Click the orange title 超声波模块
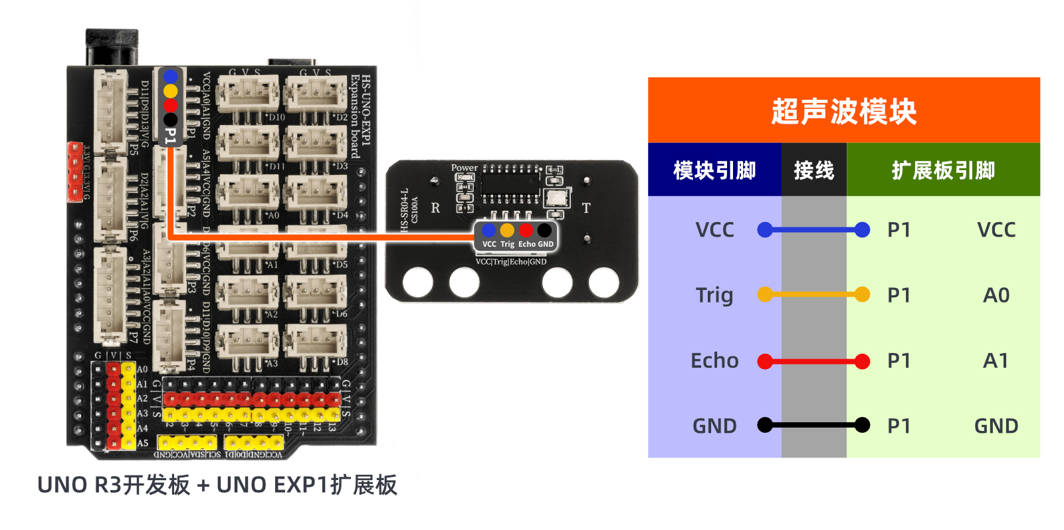pyautogui.click(x=843, y=111)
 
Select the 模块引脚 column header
pyautogui.click(x=714, y=170)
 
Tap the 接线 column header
pyautogui.click(x=813, y=170)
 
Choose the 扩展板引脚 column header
pyautogui.click(x=943, y=170)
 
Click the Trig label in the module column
pyautogui.click(x=714, y=295)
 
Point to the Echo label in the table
pyautogui.click(x=714, y=360)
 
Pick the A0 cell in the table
pyautogui.click(x=996, y=295)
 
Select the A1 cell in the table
pyautogui.click(x=996, y=360)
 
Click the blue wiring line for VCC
pyautogui.click(x=813, y=230)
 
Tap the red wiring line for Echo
pyautogui.click(x=813, y=362)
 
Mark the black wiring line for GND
pyautogui.click(x=813, y=425)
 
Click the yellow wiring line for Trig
pyautogui.click(x=813, y=294)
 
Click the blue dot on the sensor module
pyautogui.click(x=488, y=230)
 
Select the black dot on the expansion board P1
pyautogui.click(x=170, y=120)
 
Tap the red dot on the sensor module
pyautogui.click(x=526, y=230)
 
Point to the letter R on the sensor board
pyautogui.click(x=435, y=208)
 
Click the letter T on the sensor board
pyautogui.click(x=585, y=208)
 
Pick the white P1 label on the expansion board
pyautogui.click(x=170, y=136)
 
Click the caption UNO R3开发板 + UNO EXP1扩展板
pyautogui.click(x=217, y=485)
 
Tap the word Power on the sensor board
pyautogui.click(x=464, y=168)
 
